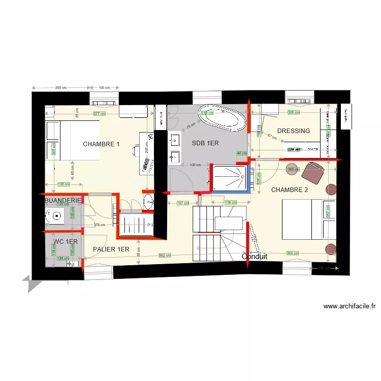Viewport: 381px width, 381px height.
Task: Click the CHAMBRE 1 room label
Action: (x=101, y=144)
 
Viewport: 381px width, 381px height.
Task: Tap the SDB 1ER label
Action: (x=205, y=143)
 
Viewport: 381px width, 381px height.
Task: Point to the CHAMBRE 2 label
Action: (x=290, y=190)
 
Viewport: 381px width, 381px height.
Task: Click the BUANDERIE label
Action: (x=63, y=201)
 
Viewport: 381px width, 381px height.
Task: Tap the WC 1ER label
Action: (x=66, y=242)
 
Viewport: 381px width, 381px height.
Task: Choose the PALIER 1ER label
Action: (x=111, y=249)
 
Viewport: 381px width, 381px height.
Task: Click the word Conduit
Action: (x=255, y=257)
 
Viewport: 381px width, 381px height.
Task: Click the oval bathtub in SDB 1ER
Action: (x=222, y=118)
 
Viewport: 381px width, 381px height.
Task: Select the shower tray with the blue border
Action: (x=231, y=178)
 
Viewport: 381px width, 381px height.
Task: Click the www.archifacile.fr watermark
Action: (x=349, y=306)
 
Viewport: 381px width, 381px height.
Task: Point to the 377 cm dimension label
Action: (x=99, y=114)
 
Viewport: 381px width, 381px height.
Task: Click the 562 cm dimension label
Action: (x=165, y=256)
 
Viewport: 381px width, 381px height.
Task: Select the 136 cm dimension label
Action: (x=231, y=203)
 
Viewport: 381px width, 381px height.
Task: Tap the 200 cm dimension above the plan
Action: (x=61, y=88)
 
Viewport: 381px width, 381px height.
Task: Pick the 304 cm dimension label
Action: (x=293, y=253)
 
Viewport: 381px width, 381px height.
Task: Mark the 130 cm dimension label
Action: (x=63, y=184)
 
